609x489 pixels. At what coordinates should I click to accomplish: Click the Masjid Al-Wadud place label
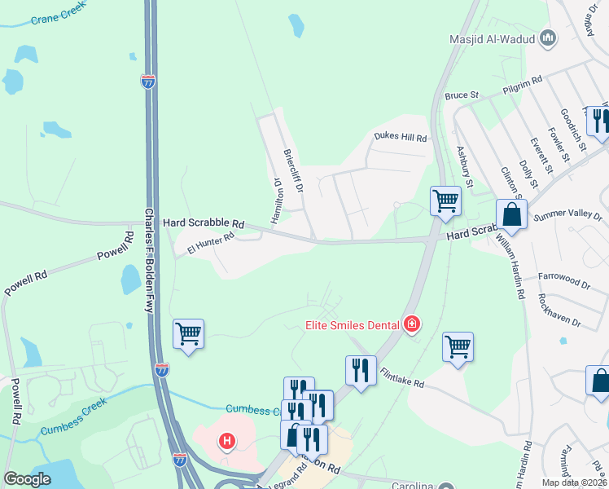tap(492, 39)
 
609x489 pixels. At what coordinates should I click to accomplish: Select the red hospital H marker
tap(227, 443)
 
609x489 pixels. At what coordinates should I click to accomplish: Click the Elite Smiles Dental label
tap(353, 325)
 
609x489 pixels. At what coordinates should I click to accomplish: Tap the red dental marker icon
tap(412, 325)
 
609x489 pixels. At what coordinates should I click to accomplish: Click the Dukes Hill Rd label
tap(400, 138)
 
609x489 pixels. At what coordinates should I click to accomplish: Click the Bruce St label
tap(462, 96)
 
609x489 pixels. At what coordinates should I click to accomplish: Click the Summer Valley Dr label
tap(569, 218)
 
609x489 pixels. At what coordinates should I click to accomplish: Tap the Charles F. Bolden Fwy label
tap(149, 260)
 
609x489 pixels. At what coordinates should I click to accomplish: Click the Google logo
tap(27, 479)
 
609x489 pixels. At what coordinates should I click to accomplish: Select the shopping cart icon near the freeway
tap(188, 333)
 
